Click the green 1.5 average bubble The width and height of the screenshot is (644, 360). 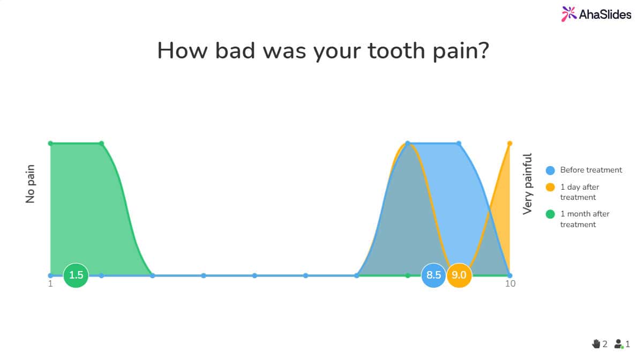[76, 275]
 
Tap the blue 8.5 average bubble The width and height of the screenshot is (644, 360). [433, 275]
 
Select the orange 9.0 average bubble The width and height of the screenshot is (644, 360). [459, 275]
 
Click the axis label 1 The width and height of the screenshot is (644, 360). [50, 284]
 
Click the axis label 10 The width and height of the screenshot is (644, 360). [510, 284]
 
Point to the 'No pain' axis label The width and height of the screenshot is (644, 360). [30, 184]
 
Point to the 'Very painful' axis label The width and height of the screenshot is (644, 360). [527, 184]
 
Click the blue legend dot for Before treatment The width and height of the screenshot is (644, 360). [550, 170]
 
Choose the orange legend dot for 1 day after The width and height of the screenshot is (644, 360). [550, 187]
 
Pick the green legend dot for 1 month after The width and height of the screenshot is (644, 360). [550, 214]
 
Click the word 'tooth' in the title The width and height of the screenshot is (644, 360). [396, 50]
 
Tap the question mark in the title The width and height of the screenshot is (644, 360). [484, 50]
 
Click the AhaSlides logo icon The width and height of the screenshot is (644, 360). [569, 14]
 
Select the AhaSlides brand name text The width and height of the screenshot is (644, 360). [605, 14]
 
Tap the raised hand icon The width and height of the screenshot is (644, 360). [596, 344]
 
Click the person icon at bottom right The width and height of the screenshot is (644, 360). [619, 344]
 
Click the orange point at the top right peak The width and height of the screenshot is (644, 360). [510, 143]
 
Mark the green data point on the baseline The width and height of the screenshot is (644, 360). [408, 276]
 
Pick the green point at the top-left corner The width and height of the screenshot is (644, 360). [50, 143]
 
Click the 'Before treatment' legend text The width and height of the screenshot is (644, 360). [591, 170]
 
